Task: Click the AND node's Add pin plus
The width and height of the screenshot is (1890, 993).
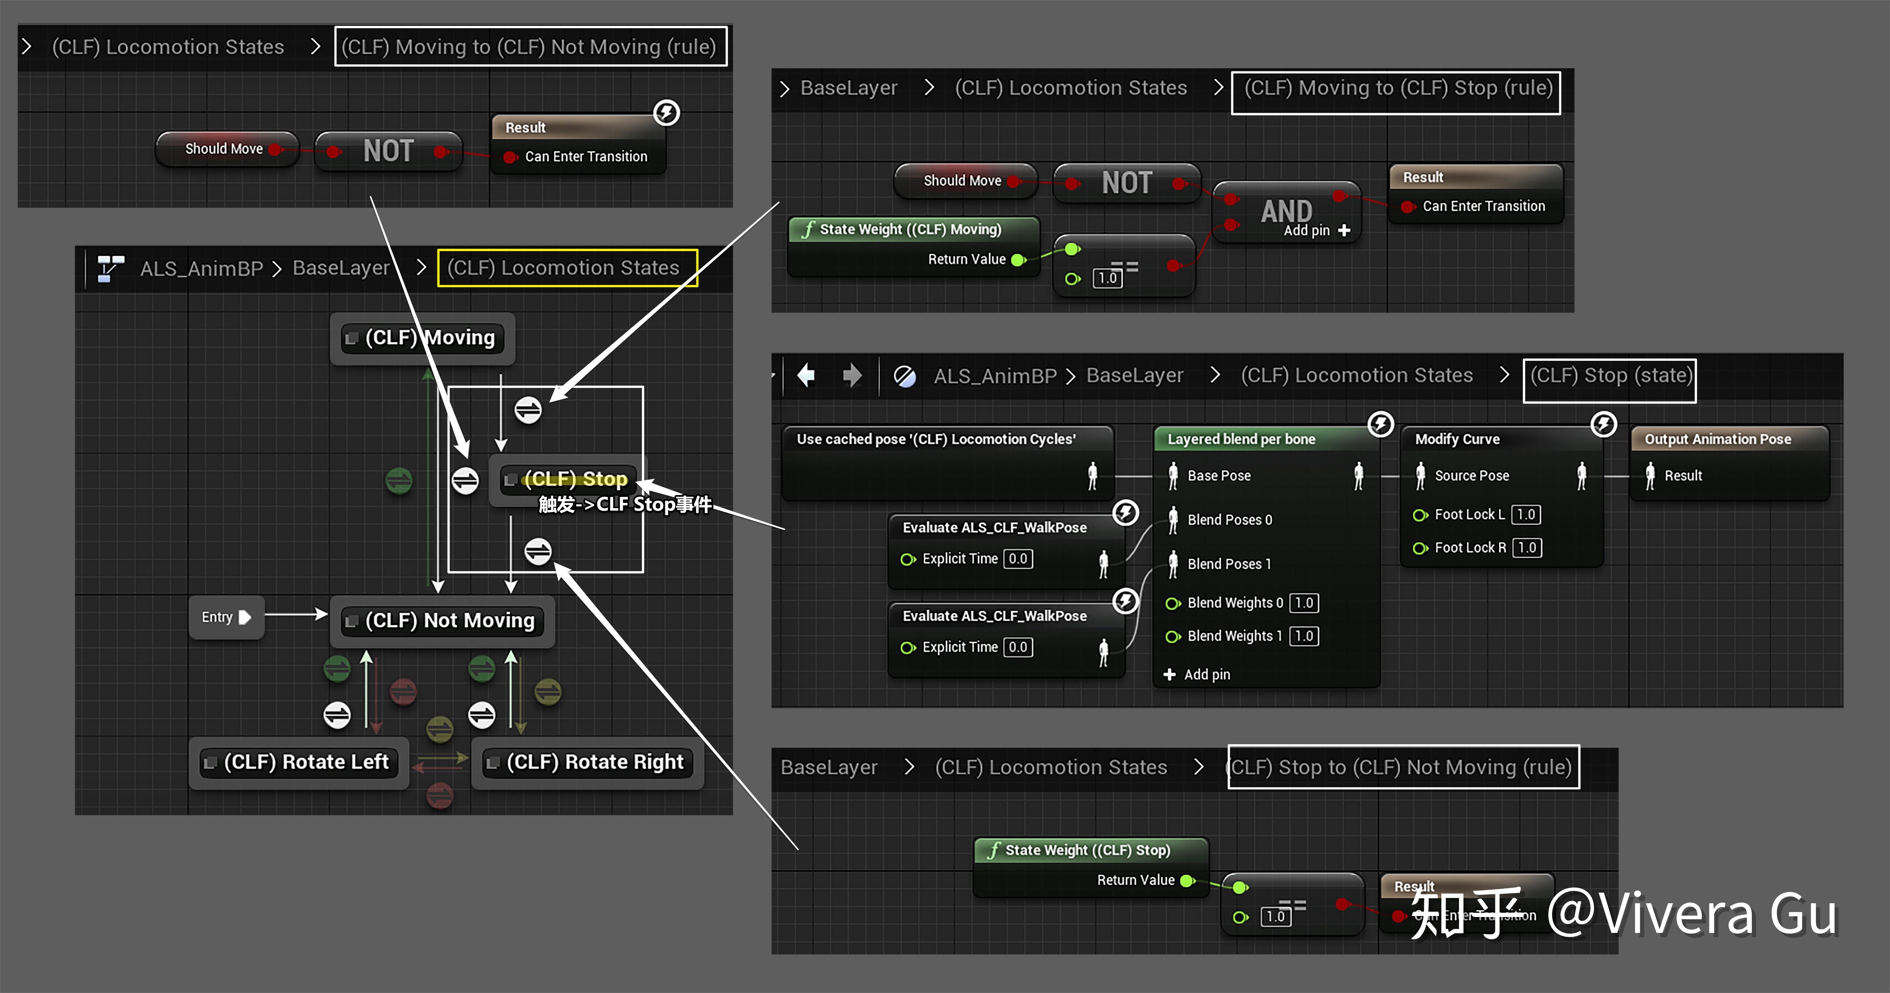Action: click(x=1344, y=230)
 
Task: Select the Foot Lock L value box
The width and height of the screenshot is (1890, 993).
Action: click(x=1526, y=515)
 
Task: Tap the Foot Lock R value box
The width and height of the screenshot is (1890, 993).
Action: click(x=1527, y=547)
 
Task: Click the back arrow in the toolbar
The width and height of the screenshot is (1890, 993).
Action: click(x=806, y=376)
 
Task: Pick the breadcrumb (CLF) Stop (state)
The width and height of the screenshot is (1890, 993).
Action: click(x=1610, y=376)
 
